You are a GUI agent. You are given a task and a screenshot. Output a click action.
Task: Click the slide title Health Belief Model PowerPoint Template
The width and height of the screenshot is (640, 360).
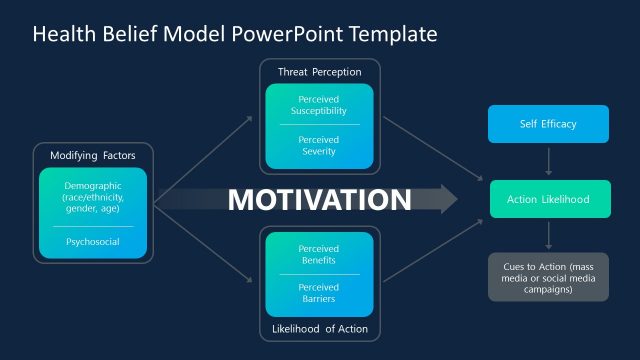[235, 34]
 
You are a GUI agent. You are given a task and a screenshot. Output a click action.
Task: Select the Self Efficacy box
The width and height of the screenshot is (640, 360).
[547, 124]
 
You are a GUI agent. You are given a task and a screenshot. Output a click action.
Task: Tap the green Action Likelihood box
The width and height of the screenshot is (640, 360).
[547, 199]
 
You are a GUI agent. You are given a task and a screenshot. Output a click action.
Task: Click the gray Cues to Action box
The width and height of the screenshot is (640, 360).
[547, 276]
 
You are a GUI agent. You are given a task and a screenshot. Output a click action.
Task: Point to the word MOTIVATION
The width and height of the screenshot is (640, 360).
[319, 200]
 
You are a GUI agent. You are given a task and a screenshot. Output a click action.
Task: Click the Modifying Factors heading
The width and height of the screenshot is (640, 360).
[93, 155]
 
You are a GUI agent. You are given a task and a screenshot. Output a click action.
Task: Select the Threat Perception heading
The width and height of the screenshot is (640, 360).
[319, 72]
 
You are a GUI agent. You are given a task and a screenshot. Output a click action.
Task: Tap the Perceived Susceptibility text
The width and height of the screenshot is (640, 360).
[319, 106]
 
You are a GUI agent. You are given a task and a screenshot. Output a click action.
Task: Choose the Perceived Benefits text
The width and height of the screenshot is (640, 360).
[319, 254]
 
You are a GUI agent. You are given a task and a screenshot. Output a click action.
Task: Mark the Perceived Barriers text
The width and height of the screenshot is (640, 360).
[319, 292]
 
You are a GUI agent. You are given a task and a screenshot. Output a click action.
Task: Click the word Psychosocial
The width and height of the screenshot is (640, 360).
[93, 241]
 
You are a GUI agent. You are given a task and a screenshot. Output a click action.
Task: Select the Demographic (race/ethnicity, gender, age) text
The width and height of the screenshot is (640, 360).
[93, 197]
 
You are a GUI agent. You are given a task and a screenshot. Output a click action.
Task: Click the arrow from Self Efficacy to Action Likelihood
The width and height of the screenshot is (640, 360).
[547, 161]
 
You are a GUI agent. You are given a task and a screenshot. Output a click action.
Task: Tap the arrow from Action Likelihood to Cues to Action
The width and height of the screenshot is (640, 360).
[547, 237]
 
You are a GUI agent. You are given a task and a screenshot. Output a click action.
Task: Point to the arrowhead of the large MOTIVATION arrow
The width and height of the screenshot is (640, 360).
[446, 200]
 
